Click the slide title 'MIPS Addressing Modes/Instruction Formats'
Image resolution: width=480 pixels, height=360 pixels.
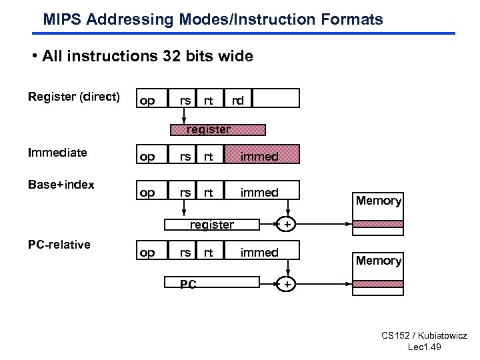point(213,19)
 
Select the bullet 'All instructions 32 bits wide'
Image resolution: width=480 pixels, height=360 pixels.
point(147,56)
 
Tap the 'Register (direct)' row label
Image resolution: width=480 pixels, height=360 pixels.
point(74,97)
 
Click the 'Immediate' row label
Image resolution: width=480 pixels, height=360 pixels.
point(57,153)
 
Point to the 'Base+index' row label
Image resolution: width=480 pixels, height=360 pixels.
point(61,185)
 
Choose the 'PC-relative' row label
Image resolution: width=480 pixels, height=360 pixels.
point(59,245)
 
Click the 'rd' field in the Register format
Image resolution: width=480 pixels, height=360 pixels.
point(237,100)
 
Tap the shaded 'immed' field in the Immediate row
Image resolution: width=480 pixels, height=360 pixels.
point(260,156)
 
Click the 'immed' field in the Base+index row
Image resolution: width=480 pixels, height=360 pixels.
point(260,193)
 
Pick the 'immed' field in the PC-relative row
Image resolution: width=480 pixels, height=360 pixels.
point(260,252)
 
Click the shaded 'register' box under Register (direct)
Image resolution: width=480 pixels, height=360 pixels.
point(209,129)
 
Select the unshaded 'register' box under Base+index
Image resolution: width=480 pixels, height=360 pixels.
point(211,225)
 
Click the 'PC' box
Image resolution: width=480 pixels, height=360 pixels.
point(188,285)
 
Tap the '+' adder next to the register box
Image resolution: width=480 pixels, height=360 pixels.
point(287,225)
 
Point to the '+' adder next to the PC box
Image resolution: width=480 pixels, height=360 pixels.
point(287,285)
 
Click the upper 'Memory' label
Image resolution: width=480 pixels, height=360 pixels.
point(378,201)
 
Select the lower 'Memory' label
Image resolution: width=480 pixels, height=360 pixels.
point(378,261)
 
